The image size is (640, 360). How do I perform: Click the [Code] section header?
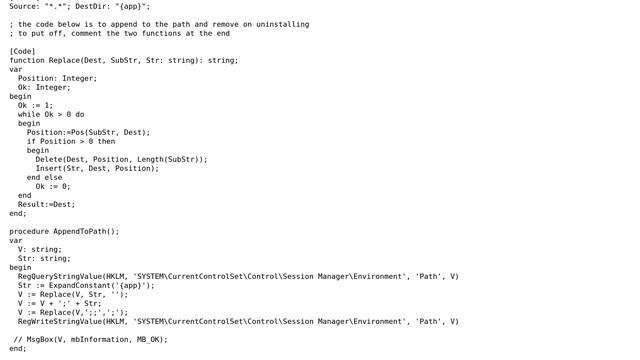22,51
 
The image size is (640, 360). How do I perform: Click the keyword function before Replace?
27,60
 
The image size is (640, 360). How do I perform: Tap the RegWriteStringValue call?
59,321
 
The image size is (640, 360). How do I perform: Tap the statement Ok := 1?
35,105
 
